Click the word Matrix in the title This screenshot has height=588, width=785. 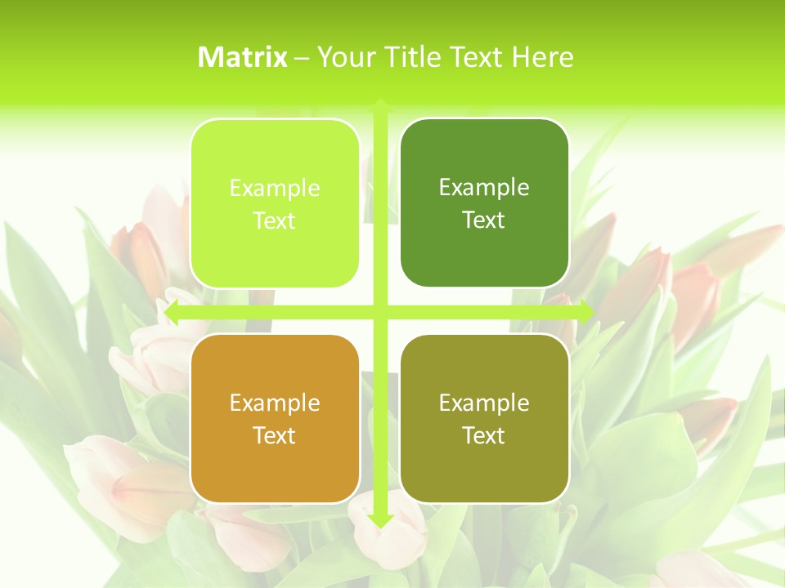[x=243, y=57]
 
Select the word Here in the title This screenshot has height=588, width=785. [x=542, y=57]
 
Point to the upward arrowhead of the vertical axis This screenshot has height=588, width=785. [x=379, y=105]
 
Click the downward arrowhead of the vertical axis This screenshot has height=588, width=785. [x=379, y=520]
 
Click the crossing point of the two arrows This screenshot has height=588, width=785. [x=379, y=311]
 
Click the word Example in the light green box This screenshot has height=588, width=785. [x=275, y=189]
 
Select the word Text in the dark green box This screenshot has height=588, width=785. [x=484, y=220]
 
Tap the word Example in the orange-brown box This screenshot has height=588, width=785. [x=275, y=403]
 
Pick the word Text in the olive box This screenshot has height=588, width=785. [x=484, y=436]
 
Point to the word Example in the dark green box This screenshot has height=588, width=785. [x=484, y=188]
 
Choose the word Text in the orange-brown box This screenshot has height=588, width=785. [x=275, y=436]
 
